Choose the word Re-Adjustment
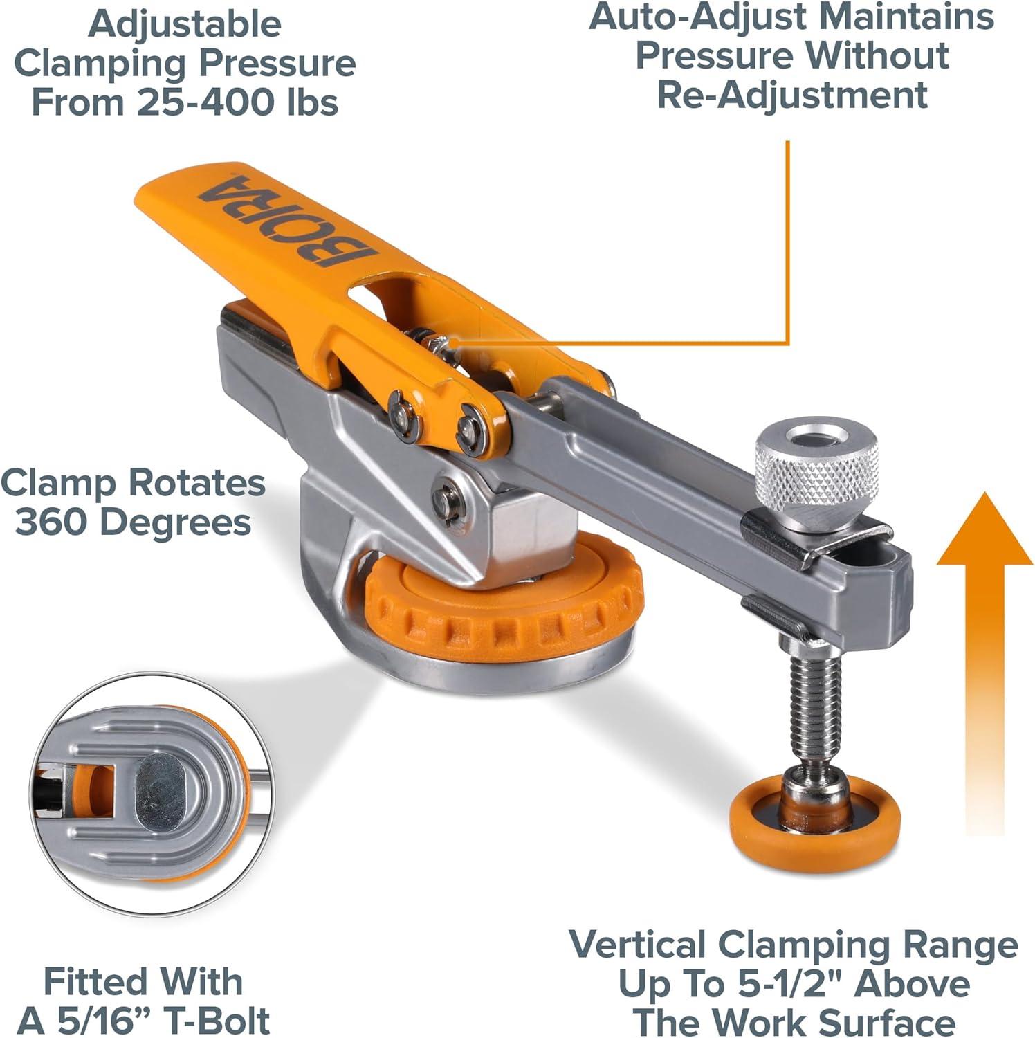click(x=791, y=95)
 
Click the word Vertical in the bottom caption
click(x=637, y=945)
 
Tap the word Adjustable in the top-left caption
click(x=185, y=24)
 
